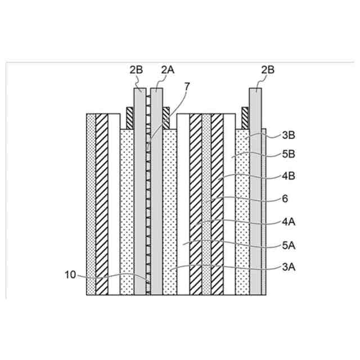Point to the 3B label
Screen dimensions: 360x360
click(288, 135)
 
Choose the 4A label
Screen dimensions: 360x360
click(288, 223)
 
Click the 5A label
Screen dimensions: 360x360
click(288, 245)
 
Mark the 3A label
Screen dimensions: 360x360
click(288, 269)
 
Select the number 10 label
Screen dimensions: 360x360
click(71, 276)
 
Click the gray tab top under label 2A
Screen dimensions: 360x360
click(157, 91)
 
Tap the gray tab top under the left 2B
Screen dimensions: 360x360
click(139, 91)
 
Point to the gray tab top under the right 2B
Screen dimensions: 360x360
click(256, 91)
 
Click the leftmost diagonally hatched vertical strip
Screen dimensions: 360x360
click(102, 202)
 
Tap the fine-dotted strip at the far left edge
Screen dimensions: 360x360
click(91, 202)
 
